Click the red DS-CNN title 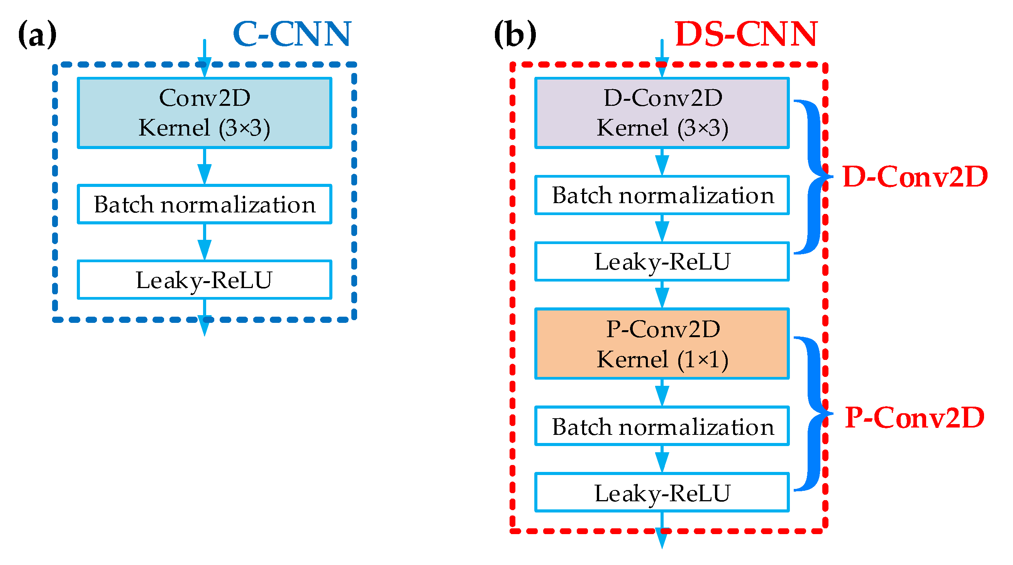point(745,35)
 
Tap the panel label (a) point(37,35)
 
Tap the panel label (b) point(515,35)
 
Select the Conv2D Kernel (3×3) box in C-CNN point(205,113)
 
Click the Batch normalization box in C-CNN point(205,204)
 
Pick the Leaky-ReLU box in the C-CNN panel point(205,280)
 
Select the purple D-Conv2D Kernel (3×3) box point(662,113)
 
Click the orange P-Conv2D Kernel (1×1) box point(662,343)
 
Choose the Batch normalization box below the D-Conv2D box point(662,195)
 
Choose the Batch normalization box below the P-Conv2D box point(662,426)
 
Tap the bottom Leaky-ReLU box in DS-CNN point(662,492)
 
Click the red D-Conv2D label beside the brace point(915,176)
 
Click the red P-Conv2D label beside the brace point(915,417)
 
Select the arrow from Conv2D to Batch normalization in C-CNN point(205,167)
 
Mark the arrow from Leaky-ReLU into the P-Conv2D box point(662,295)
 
